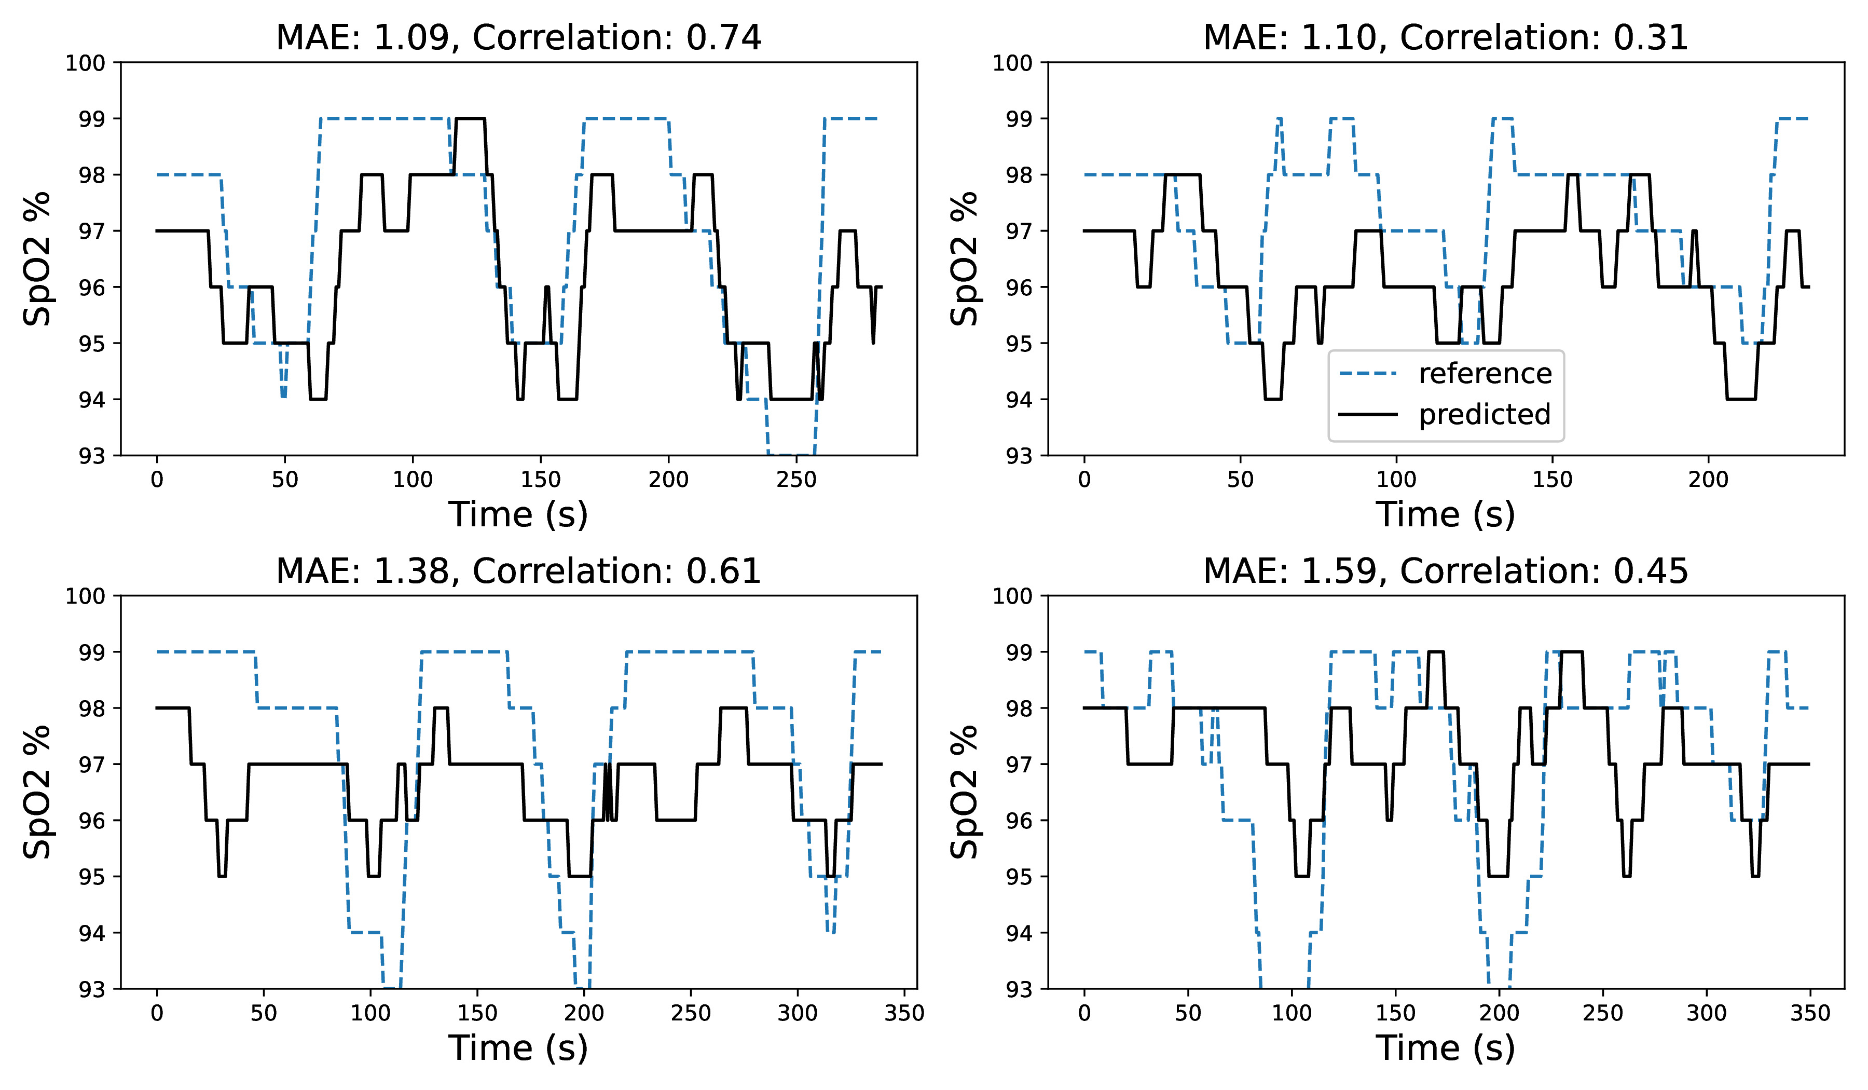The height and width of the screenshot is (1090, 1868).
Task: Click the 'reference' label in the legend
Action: pos(1485,374)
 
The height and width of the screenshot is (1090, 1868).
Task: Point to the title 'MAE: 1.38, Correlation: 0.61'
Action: pos(518,571)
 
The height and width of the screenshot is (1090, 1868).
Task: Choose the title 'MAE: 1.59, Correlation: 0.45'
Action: pos(1446,571)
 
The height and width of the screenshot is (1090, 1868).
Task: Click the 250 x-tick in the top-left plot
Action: pos(796,480)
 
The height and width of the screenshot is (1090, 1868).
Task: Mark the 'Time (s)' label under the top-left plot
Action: pos(518,514)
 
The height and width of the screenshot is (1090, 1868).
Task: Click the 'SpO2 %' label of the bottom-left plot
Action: pos(37,792)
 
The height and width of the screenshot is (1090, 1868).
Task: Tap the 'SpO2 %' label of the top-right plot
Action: pos(965,259)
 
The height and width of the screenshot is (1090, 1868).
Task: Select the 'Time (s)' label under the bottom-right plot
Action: pos(1446,1048)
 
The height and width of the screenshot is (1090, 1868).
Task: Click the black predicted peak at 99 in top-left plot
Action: pos(470,119)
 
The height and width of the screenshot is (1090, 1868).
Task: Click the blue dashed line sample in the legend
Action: pos(1368,374)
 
